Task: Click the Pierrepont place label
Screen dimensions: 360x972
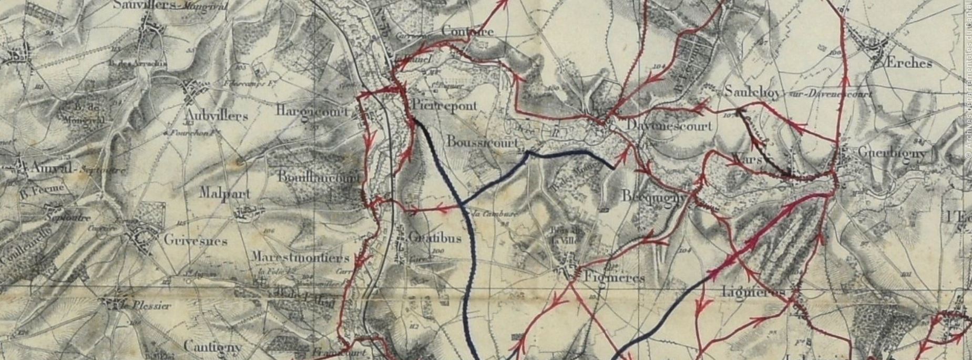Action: pos(444,106)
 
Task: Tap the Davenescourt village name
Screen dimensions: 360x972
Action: pos(669,126)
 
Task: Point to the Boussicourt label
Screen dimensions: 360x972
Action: pos(483,142)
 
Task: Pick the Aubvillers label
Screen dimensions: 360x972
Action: pos(216,115)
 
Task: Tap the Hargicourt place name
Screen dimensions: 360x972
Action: pos(312,110)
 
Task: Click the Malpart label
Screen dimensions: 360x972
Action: pos(224,193)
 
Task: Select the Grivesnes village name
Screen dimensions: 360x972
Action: pos(195,241)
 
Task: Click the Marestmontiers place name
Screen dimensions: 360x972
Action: pos(300,258)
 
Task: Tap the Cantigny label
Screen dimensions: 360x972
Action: pos(212,347)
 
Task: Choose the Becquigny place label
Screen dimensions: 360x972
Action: pos(653,196)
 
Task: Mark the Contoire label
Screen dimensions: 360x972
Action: pos(467,32)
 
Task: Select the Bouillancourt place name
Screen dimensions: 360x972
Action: pos(319,178)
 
